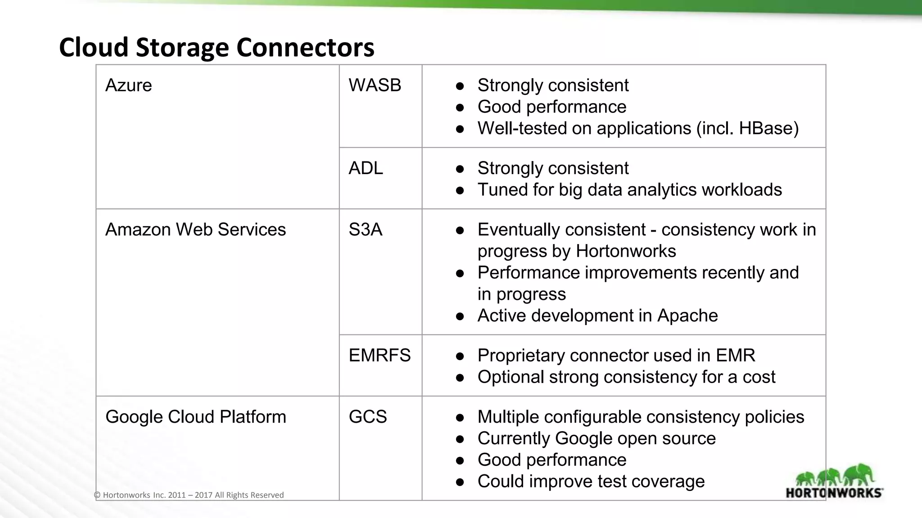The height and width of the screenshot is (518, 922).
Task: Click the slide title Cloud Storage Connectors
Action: [x=216, y=47]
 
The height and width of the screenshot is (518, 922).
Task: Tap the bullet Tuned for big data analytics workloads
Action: [x=629, y=190]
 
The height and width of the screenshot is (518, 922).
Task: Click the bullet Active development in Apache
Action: [x=597, y=316]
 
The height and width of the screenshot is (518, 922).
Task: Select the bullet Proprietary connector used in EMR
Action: [x=616, y=356]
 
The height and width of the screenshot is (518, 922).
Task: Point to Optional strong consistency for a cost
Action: [x=626, y=377]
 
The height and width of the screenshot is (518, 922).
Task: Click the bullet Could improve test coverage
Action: [x=591, y=482]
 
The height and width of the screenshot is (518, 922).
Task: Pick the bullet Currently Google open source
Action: [x=596, y=438]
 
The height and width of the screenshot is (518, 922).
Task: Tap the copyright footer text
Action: [x=189, y=495]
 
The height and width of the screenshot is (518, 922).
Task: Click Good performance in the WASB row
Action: [x=551, y=107]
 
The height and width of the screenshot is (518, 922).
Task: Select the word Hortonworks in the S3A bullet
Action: [x=626, y=251]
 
